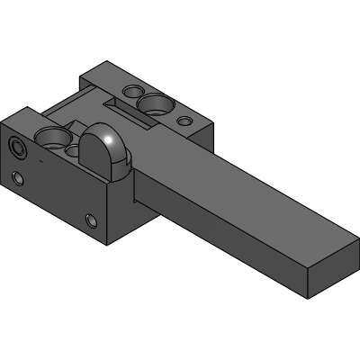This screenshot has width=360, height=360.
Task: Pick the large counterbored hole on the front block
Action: [52, 138]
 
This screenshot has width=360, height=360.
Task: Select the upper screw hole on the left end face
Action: [19, 146]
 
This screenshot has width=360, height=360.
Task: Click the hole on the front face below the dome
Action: [91, 220]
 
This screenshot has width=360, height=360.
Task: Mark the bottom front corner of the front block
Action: [110, 244]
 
